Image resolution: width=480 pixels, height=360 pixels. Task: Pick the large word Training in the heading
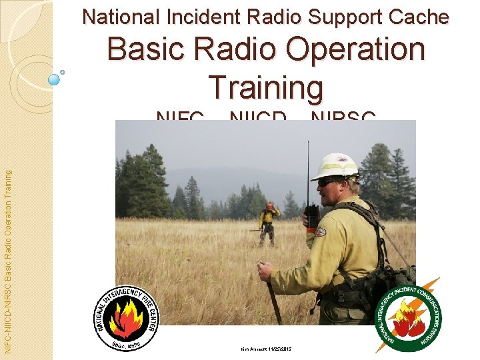point(266,87)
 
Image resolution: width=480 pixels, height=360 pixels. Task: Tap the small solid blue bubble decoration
point(55,79)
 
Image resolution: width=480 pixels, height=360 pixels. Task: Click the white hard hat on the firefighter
point(335,166)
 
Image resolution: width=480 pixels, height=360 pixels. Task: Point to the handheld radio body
point(311,216)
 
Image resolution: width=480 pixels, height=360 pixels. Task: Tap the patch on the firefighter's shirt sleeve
point(321,231)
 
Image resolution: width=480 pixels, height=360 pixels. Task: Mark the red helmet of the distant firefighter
point(269,206)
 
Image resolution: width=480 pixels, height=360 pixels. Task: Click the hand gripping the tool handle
point(266,270)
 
